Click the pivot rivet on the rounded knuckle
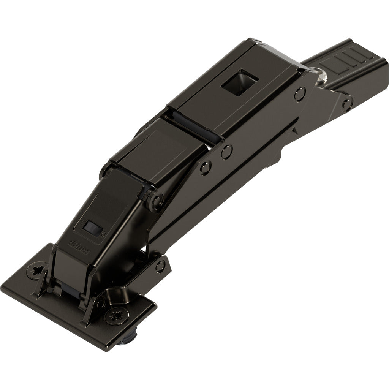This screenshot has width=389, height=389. point(157,200)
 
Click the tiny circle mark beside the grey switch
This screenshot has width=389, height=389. point(104,234)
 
